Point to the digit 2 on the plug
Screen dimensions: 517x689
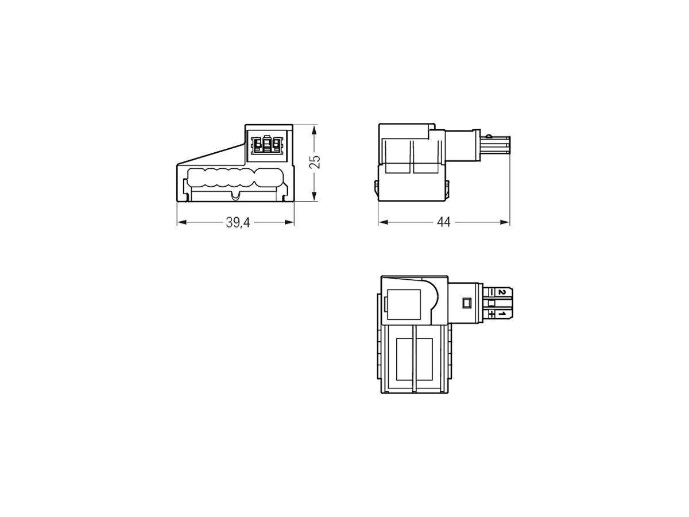[501, 292]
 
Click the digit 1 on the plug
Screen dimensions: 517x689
[501, 314]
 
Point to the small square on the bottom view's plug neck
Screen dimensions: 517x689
[466, 302]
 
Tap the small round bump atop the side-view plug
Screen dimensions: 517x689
[487, 136]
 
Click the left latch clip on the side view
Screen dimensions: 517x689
[377, 190]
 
